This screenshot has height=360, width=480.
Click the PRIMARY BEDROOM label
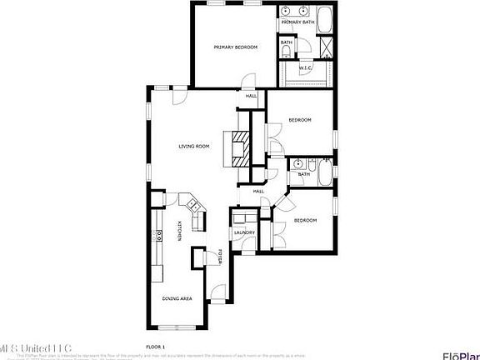coord(235,47)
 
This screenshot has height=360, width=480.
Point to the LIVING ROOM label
coord(193,146)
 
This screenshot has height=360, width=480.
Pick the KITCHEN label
coord(178,231)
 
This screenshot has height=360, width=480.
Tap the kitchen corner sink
coord(192,203)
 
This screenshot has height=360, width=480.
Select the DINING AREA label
coord(177,297)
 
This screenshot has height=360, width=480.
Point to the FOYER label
coord(220,257)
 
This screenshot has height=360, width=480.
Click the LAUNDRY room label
coord(244,233)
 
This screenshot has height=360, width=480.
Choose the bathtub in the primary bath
coord(323,17)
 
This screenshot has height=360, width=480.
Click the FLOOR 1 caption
coord(156,345)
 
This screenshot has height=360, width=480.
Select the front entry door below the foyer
coord(218,294)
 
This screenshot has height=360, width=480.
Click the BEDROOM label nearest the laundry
coord(305,220)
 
